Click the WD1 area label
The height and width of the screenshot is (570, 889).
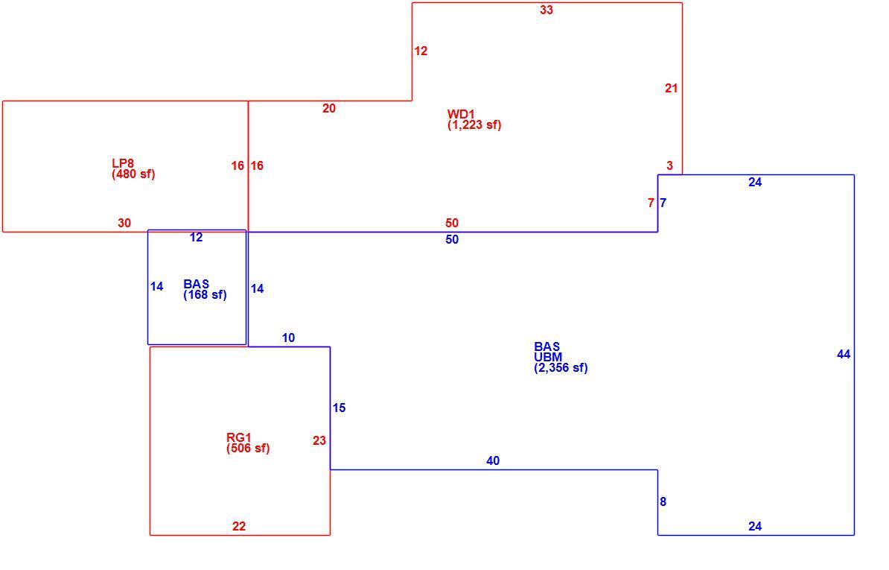[x=461, y=115]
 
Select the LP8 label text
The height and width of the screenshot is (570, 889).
[x=123, y=164]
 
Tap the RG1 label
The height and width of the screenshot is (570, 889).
[x=239, y=438]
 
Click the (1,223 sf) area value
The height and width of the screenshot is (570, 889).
[x=474, y=124]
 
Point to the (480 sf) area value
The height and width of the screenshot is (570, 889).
[x=133, y=174]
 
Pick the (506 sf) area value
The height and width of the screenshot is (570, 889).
[x=248, y=448]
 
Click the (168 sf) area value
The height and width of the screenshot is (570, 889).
[x=205, y=295]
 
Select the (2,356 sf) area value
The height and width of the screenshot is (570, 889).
[x=561, y=367]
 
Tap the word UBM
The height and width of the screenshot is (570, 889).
[x=548, y=358]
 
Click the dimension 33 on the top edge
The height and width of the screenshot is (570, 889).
[x=547, y=10]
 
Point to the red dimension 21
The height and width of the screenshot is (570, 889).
[x=672, y=89]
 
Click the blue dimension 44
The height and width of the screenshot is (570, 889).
[x=844, y=355]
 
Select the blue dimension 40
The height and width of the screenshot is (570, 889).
[x=493, y=461]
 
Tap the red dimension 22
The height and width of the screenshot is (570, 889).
[x=239, y=527]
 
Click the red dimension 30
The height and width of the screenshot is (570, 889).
[x=124, y=224]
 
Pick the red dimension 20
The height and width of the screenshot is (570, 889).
[x=329, y=108]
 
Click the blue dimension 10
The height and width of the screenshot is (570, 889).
[x=288, y=338]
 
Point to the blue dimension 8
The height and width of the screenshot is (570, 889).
[x=663, y=502]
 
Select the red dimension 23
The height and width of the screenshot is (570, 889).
[x=319, y=440]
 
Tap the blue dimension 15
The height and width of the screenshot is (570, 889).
[x=339, y=408]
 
